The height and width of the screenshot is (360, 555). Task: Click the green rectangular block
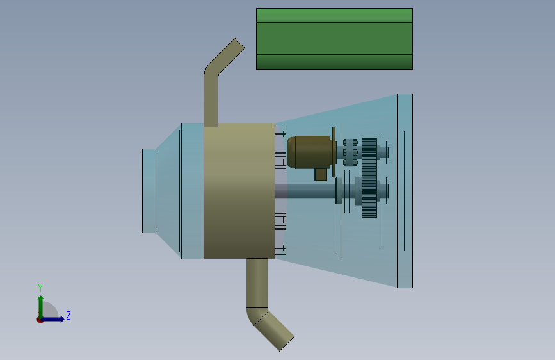(334, 39)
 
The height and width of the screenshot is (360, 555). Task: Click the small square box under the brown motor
(321, 174)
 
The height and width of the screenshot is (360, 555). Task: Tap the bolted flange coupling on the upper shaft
(350, 152)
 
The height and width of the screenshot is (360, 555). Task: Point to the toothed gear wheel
(369, 178)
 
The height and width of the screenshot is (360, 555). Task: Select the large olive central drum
(239, 191)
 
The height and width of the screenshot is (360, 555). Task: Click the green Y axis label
(40, 288)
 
